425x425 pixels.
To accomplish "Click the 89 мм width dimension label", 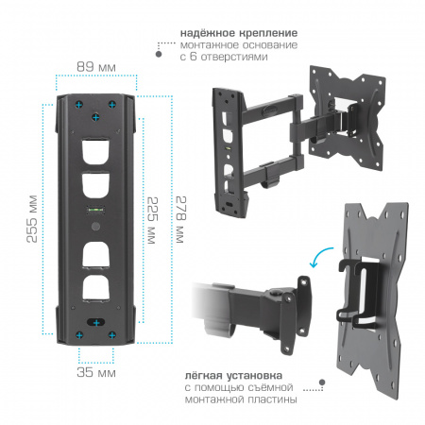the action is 96,67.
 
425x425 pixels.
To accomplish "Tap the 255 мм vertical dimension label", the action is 32,219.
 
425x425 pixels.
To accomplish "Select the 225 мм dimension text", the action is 152,220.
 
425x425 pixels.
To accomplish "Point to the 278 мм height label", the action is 180,220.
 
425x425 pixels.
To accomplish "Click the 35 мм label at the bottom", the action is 96,372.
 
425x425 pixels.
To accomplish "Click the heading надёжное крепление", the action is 239,33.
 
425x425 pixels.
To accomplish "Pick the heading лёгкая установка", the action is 233,375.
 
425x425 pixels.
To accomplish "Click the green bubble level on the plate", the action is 96,209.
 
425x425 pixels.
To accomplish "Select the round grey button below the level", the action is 95,227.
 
